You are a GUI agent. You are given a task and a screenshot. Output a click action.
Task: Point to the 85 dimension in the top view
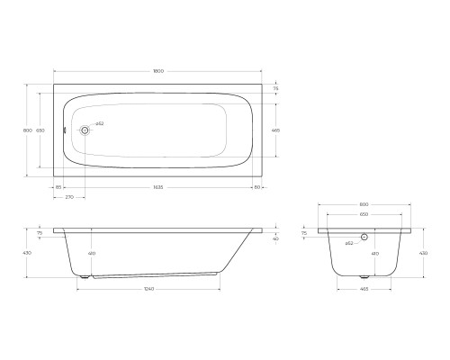tap(58, 187)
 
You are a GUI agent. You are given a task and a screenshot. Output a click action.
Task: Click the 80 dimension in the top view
tap(257, 187)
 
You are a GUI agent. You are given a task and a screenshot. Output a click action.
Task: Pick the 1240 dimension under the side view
tap(149, 289)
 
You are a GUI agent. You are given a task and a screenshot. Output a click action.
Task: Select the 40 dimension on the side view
tap(275, 238)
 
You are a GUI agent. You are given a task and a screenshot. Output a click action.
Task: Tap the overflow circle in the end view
tap(364, 238)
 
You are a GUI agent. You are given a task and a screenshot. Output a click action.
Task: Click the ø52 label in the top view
tap(99, 123)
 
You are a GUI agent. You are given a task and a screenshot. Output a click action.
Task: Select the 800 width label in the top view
tap(28, 130)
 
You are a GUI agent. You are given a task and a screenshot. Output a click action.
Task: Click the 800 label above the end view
tap(364, 205)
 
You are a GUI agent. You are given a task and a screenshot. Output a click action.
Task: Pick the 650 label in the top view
tap(40, 130)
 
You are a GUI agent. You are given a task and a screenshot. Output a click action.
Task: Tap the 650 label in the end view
tap(364, 216)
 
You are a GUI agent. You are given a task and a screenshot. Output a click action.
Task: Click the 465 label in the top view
tap(275, 130)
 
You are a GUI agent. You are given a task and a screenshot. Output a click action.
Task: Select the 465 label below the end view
tap(364, 289)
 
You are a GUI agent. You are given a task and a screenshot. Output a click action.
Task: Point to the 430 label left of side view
tap(28, 253)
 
